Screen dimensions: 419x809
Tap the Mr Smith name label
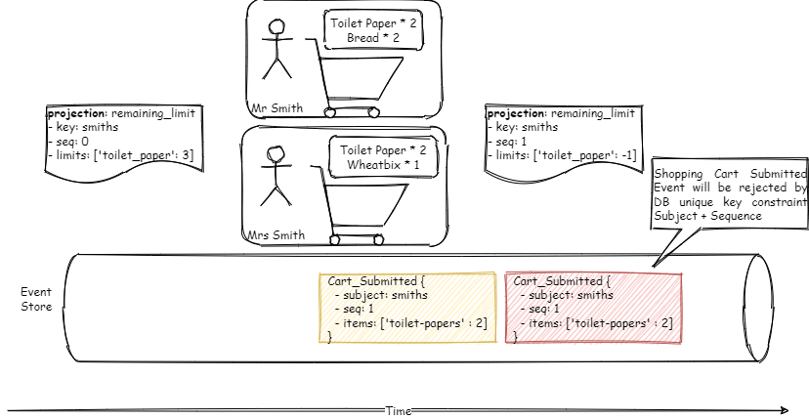click(277, 107)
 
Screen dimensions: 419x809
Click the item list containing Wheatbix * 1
click(383, 158)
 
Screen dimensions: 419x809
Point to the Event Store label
click(37, 300)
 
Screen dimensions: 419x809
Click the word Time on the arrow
click(399, 411)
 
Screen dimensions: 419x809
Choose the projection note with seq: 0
click(124, 141)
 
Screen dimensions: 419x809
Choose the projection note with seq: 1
click(561, 141)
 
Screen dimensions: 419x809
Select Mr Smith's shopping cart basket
click(363, 78)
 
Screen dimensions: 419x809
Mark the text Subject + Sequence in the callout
click(707, 216)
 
